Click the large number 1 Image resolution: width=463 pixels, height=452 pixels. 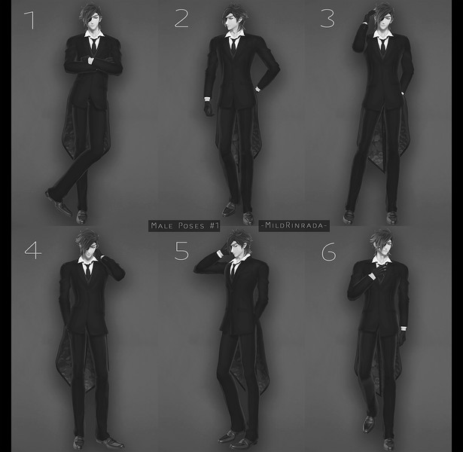pyautogui.click(x=30, y=20)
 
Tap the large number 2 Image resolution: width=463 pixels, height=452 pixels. pyautogui.click(x=181, y=18)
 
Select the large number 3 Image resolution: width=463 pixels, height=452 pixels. pyautogui.click(x=327, y=19)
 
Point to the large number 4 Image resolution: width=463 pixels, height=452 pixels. pyautogui.click(x=33, y=251)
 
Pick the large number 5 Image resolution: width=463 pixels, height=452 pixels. pyautogui.click(x=181, y=251)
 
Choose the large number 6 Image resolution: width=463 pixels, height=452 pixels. pyautogui.click(x=329, y=252)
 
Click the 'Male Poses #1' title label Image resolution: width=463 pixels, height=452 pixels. pyautogui.click(x=184, y=226)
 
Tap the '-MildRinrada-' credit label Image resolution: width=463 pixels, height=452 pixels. pyautogui.click(x=294, y=225)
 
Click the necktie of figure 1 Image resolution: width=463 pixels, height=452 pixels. pyautogui.click(x=94, y=45)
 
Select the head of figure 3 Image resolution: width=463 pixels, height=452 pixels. pyautogui.click(x=383, y=18)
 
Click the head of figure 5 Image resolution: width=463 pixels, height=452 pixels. pyautogui.click(x=239, y=245)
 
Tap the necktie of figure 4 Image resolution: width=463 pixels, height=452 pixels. pyautogui.click(x=87, y=270)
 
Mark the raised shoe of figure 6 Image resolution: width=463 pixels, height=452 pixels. pyautogui.click(x=368, y=423)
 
